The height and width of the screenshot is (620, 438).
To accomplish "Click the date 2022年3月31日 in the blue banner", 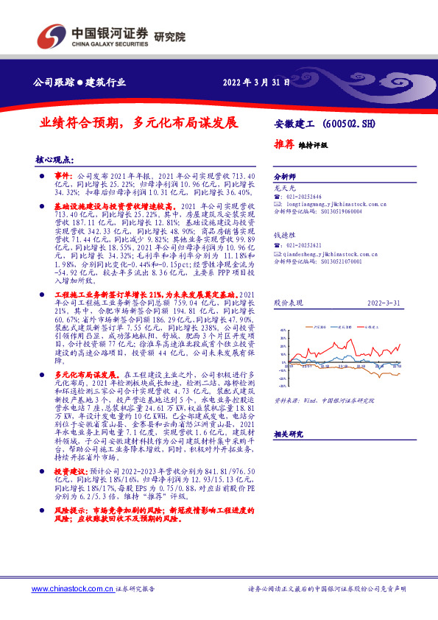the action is click(253, 82).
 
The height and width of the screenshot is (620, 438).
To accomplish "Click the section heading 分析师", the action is click(284, 177).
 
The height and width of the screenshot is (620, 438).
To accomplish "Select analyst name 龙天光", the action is click(284, 189).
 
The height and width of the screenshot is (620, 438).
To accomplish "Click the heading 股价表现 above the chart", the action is click(287, 303).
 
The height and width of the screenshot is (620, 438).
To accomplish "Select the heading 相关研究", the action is click(288, 435).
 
